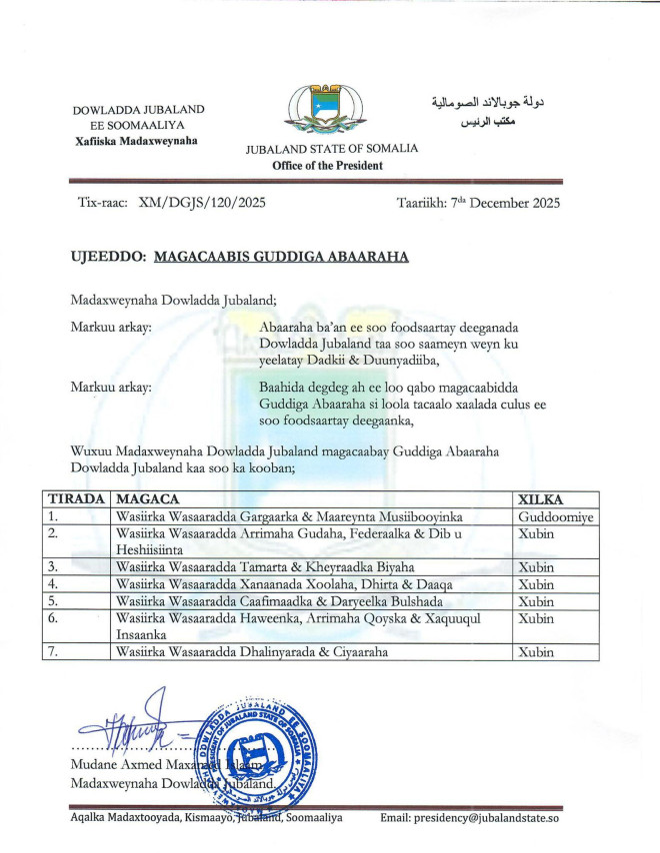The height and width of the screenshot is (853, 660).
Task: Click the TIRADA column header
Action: [x=75, y=498]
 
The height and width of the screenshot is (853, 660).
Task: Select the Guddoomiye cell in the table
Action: [x=555, y=516]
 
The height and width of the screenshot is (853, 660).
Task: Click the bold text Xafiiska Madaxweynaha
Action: [x=136, y=142]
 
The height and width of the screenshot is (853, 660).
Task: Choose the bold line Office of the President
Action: [x=327, y=166]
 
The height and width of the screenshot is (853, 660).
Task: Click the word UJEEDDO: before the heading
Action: [x=108, y=257]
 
